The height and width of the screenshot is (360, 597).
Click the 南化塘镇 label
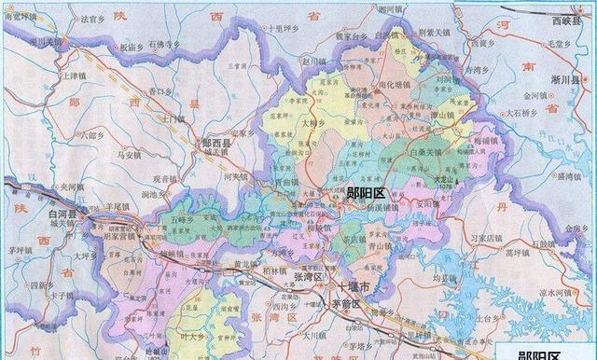tap(374, 84)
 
